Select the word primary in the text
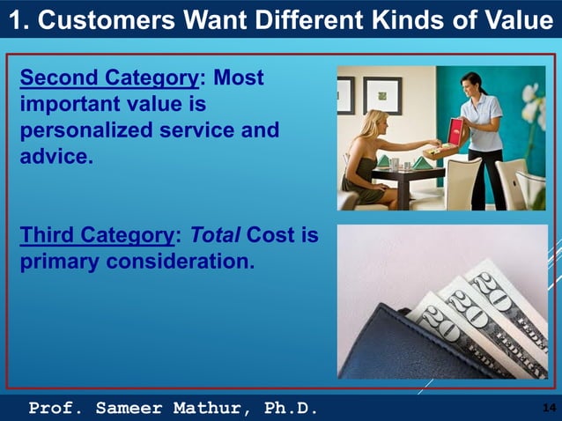pos(60,262)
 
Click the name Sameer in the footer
pos(128,408)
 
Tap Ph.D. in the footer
pos(290,408)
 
